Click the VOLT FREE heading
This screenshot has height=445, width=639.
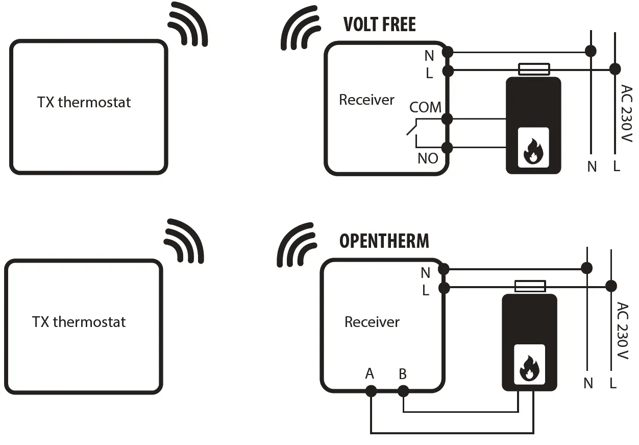pos(379,25)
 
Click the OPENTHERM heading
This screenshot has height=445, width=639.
pos(384,241)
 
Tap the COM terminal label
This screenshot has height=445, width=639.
pos(425,107)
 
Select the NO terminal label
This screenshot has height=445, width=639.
pos(428,158)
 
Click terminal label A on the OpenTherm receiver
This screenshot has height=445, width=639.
pos(370,374)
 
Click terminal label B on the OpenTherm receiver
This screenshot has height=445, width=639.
pos(403,374)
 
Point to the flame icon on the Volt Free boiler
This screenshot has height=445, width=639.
pos(533,148)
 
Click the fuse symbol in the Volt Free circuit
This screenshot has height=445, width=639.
pos(534,69)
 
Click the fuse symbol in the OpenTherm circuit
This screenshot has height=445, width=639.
pos(530,286)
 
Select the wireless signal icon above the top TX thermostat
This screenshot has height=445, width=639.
pos(187,25)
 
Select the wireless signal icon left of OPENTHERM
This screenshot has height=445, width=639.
pos(297,244)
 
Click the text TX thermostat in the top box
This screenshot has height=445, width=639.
pos(84,102)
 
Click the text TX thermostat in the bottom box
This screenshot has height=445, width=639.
pos(79,322)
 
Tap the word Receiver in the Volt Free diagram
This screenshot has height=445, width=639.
pos(366,100)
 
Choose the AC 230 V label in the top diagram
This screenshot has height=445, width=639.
pos(626,113)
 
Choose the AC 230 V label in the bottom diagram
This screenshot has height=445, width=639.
pos(622,331)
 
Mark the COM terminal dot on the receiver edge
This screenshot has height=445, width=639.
pos(448,119)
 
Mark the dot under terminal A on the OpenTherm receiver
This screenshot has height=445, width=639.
pos(371,391)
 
